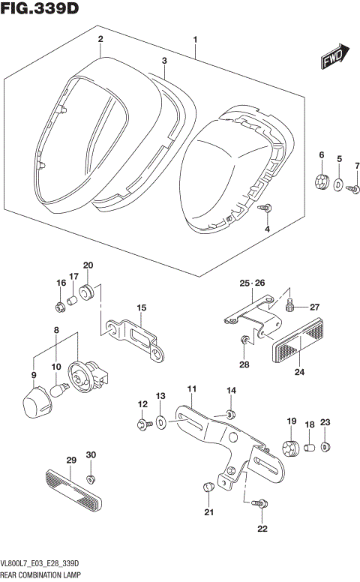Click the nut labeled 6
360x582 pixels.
click(322, 181)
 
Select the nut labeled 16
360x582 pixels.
click(60, 306)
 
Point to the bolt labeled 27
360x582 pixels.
click(291, 305)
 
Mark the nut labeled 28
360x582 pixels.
click(244, 341)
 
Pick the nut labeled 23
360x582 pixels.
click(325, 448)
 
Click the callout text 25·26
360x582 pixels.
click(253, 283)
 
